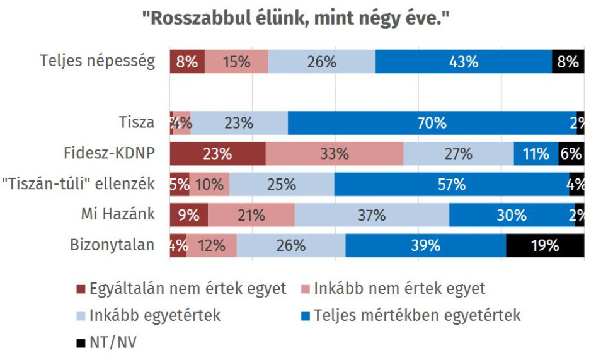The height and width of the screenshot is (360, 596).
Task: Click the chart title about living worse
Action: [298, 18]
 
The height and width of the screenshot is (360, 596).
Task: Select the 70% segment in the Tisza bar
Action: [432, 123]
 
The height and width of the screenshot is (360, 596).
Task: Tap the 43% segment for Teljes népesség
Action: [464, 62]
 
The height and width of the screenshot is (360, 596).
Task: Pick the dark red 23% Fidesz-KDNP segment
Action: [217, 153]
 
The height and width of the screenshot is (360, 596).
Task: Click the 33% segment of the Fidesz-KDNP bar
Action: [335, 153]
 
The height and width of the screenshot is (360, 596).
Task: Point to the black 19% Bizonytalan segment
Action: [545, 245]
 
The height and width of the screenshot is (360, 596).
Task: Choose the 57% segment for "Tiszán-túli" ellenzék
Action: [452, 184]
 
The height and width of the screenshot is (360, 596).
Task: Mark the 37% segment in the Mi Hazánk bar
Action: [372, 215]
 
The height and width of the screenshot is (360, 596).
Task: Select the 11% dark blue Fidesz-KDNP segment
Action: [536, 153]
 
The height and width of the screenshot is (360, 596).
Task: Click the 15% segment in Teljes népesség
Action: [236, 62]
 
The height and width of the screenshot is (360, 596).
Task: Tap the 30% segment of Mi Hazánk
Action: [512, 215]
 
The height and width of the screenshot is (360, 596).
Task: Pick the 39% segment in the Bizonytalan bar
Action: [426, 245]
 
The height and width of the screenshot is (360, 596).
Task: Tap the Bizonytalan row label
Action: [113, 245]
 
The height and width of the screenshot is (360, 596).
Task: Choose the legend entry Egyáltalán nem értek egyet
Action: [181, 289]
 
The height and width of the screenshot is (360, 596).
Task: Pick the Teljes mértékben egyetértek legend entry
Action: [417, 315]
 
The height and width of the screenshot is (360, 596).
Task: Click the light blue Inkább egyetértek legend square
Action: [80, 315]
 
